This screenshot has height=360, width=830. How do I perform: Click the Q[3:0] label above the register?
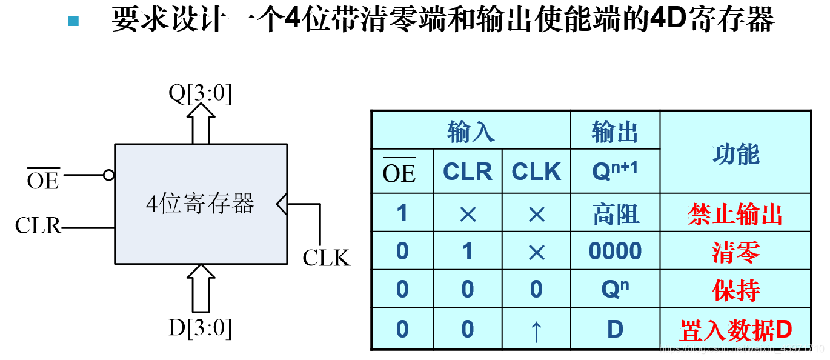[x=200, y=94]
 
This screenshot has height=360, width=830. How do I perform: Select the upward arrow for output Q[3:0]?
[x=201, y=124]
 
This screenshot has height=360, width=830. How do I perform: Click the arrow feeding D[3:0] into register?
[x=201, y=287]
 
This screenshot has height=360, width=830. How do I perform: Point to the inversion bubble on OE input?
[x=108, y=175]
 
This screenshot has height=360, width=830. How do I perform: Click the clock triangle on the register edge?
[x=282, y=204]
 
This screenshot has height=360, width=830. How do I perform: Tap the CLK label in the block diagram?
[x=327, y=258]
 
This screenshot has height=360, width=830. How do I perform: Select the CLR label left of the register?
[x=38, y=226]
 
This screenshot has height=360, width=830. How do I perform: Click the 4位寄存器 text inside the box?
[x=200, y=204]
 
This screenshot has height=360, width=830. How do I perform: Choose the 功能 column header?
[x=735, y=154]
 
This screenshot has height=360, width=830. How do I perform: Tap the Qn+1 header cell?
[x=615, y=172]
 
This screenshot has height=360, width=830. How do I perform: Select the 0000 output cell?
[x=615, y=251]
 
